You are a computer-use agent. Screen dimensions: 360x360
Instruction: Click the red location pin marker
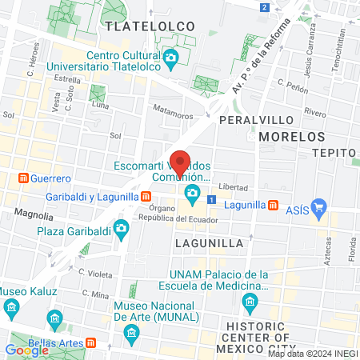pyautogui.click(x=180, y=163)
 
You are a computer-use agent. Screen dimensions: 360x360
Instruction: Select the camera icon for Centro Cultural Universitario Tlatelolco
pyautogui.click(x=170, y=58)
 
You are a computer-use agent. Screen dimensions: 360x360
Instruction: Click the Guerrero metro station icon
pyautogui.click(x=24, y=178)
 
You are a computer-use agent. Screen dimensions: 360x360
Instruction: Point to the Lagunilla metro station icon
pyautogui.click(x=274, y=205)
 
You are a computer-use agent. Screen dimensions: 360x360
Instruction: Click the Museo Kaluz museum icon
pyautogui.click(x=12, y=306)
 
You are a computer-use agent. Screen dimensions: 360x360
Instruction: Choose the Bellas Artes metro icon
pyautogui.click(x=90, y=343)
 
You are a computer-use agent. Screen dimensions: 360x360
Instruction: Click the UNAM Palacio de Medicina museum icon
pyautogui.click(x=250, y=301)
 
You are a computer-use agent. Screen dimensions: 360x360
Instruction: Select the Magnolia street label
pyautogui.click(x=34, y=215)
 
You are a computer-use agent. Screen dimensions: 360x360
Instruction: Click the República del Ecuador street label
pyautogui.click(x=187, y=218)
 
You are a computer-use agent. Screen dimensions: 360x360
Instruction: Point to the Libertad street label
pyautogui.click(x=233, y=186)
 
